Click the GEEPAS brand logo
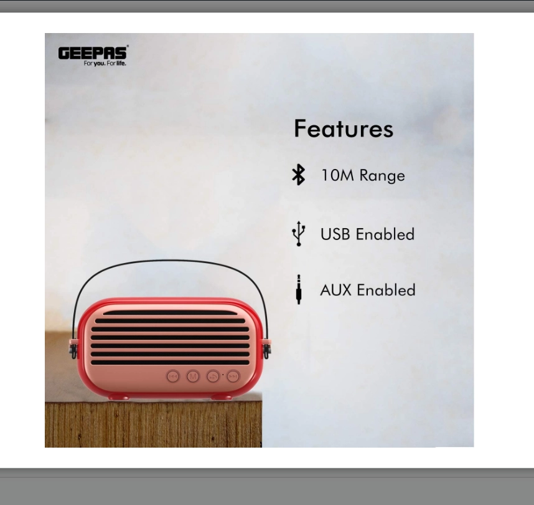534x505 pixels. pos(93,53)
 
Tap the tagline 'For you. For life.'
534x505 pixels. pos(105,64)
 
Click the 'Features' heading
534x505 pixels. pos(344,128)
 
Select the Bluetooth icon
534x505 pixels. pos(298,175)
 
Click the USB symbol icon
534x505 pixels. pos(299,234)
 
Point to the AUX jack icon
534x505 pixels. pos(299,289)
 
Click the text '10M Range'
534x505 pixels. pos(363,175)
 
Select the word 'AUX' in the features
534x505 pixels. pos(336,290)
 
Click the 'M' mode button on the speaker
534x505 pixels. pos(193,377)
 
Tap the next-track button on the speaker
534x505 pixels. pos(233,377)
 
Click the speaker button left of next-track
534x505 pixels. pos(213,377)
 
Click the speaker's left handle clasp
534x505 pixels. pos(73,349)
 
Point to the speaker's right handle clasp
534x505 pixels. pos(266,349)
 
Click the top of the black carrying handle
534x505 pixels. pos(169,261)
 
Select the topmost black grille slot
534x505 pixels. pos(170,312)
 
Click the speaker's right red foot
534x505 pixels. pos(222,397)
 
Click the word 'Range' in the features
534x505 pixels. pos(382,176)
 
